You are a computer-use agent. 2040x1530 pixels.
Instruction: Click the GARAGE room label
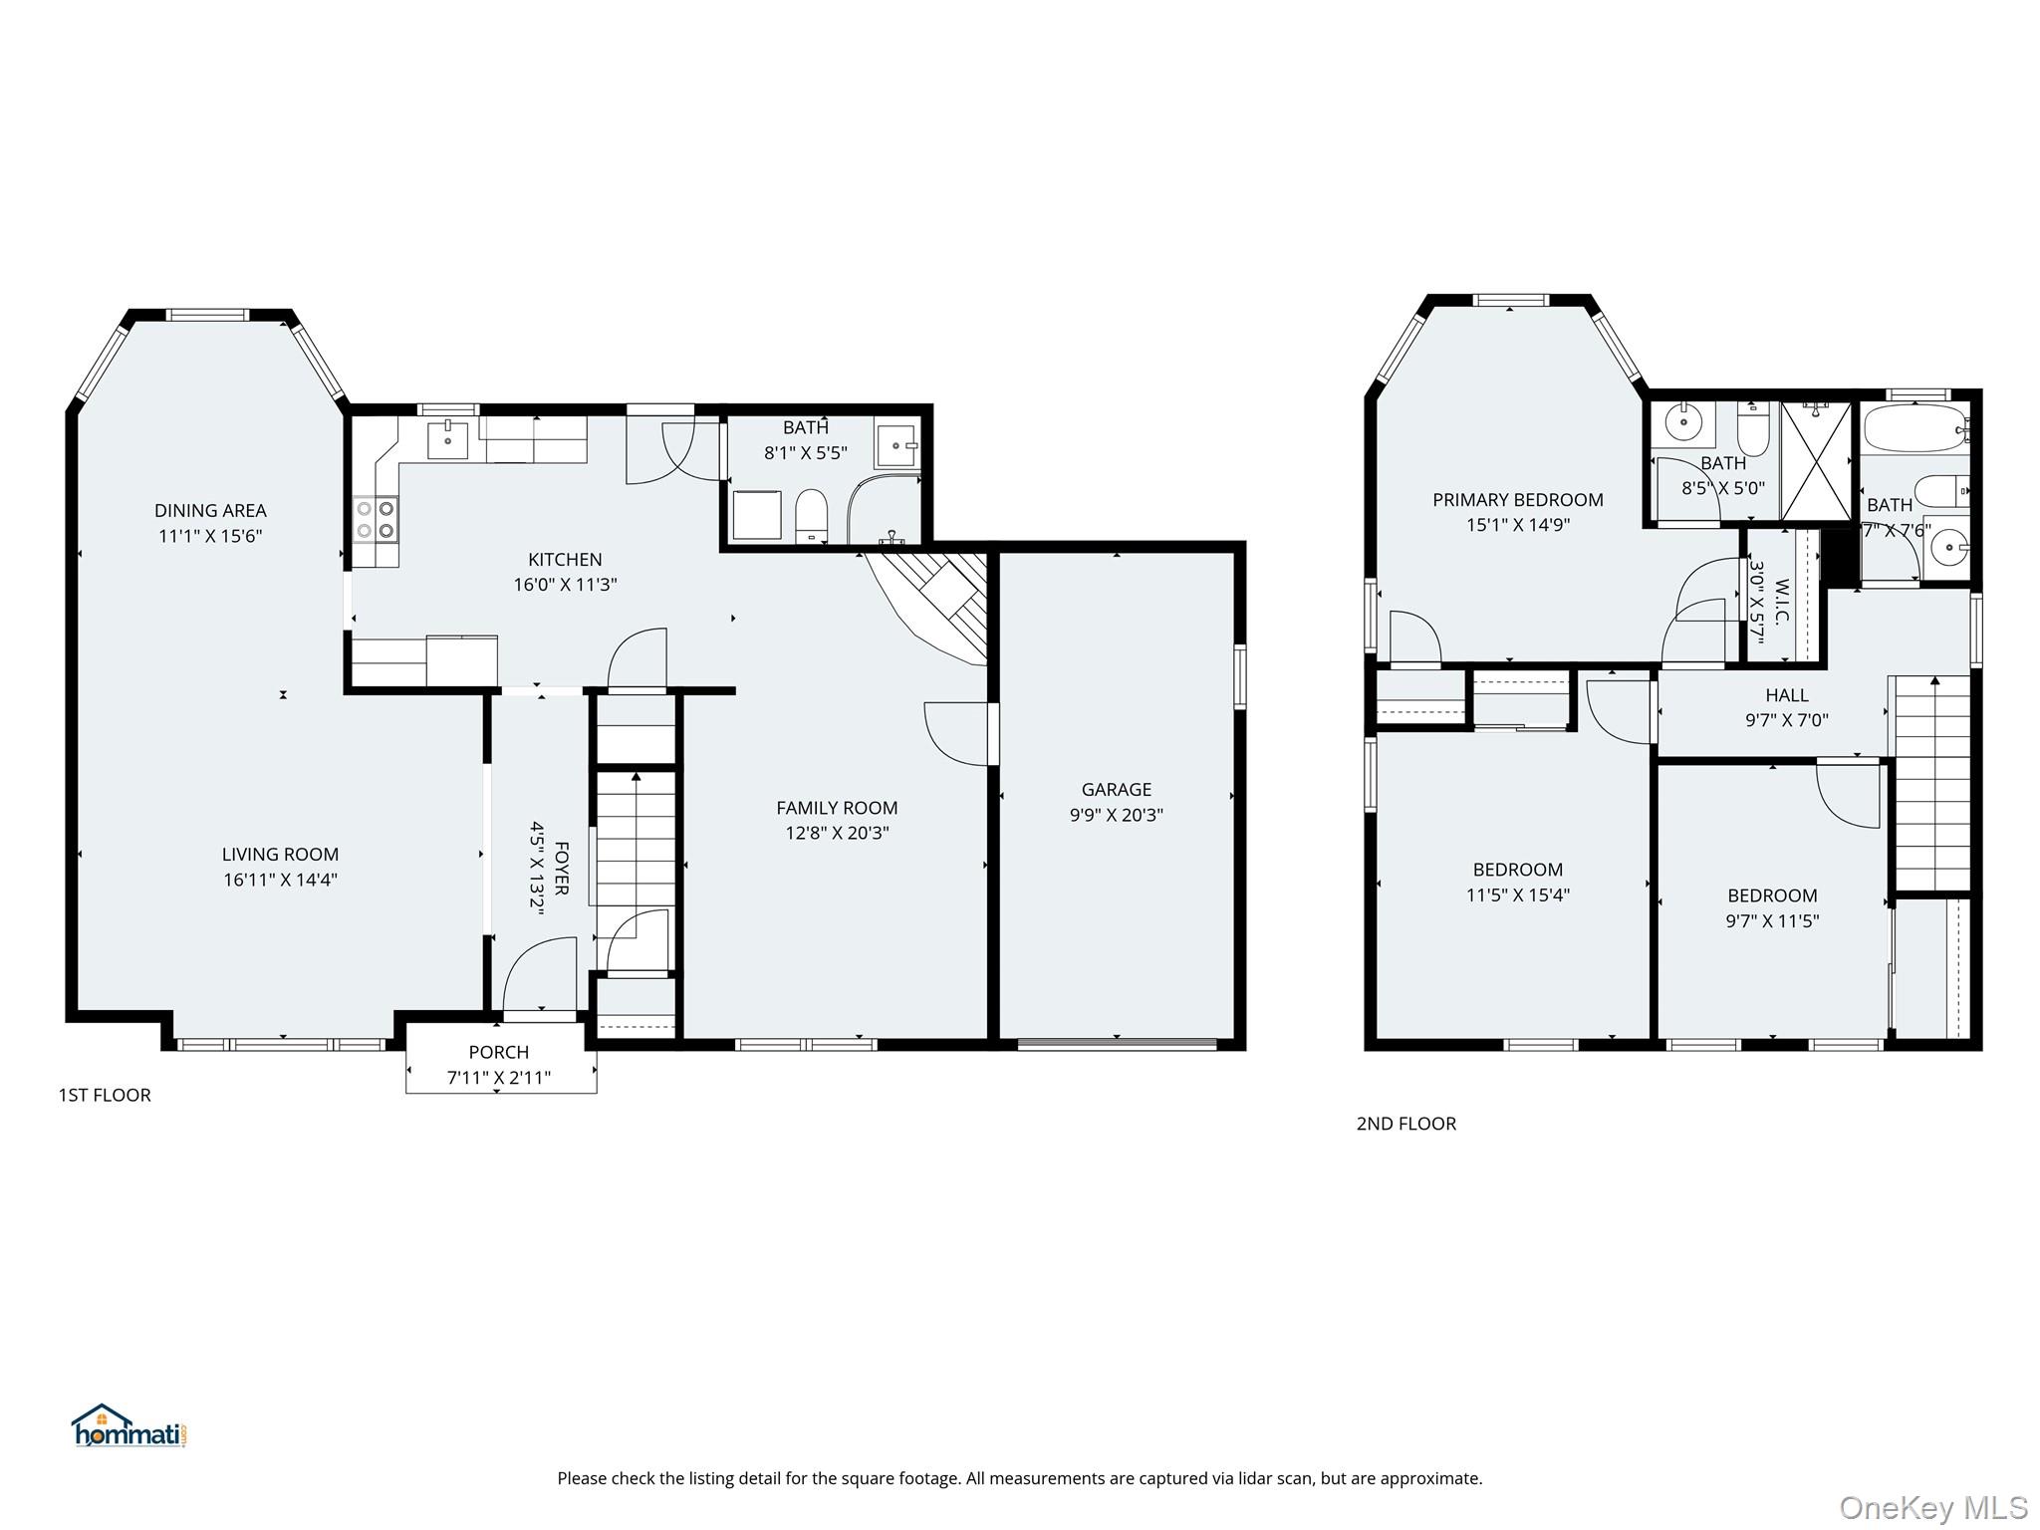coord(1117,789)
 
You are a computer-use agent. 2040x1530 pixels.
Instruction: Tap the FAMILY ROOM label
coord(837,808)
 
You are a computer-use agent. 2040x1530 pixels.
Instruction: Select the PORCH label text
coord(499,1052)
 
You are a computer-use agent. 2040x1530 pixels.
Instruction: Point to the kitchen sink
coord(448,439)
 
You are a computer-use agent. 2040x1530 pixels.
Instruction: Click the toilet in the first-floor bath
coord(812,516)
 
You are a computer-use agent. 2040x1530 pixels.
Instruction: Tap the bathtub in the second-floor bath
coord(1914,429)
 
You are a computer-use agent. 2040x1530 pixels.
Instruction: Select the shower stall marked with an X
coord(1816,460)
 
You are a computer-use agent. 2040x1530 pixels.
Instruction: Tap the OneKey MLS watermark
coord(1933,1508)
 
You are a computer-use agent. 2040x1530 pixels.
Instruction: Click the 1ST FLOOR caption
coord(105,1095)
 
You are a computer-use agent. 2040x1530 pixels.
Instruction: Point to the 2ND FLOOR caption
coord(1406,1124)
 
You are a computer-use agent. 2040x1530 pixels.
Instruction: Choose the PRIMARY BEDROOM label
coord(1518,500)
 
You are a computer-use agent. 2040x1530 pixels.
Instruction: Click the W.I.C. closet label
coord(1782,602)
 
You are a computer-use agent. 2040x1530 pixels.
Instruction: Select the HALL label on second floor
coord(1787,695)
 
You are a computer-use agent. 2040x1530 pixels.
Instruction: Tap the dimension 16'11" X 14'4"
coord(281,880)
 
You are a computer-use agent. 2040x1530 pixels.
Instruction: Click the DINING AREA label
coord(210,511)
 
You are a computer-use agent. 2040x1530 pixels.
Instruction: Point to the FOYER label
coord(561,869)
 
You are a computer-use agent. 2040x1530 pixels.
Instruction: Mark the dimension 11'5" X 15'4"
coord(1518,894)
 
